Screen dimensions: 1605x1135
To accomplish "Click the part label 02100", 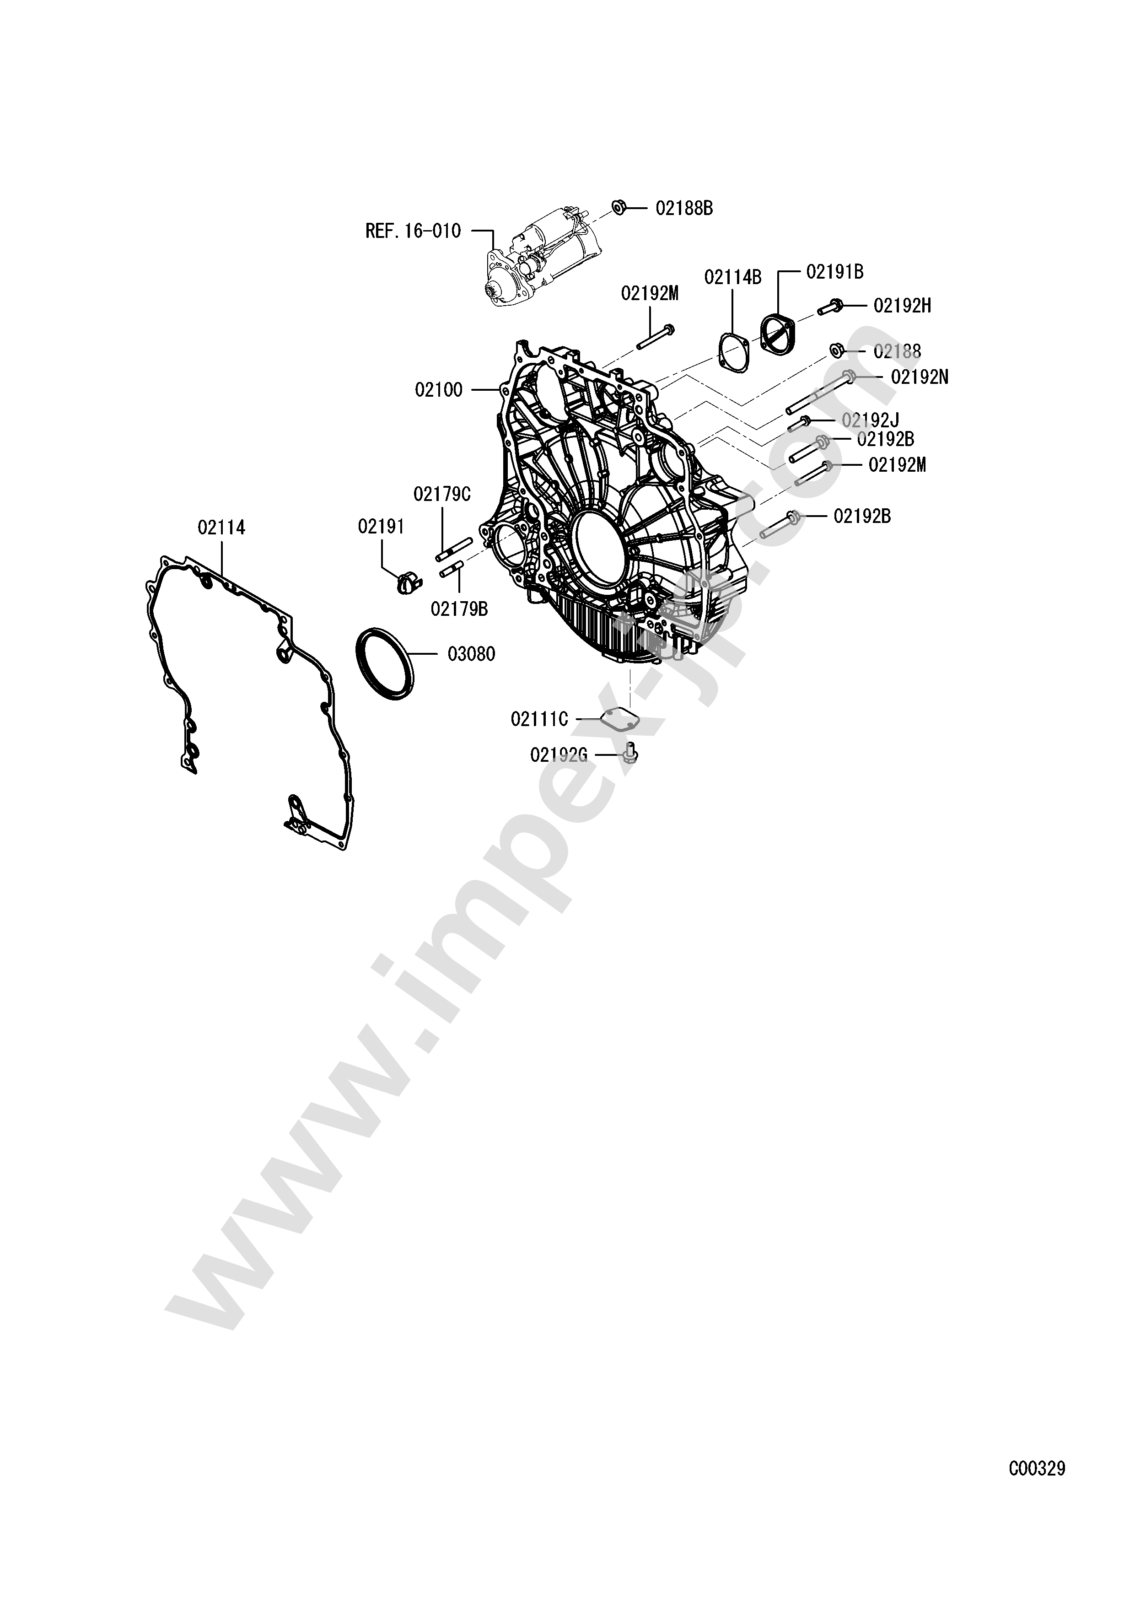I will pos(438,390).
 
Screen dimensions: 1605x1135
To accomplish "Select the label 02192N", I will pos(919,377).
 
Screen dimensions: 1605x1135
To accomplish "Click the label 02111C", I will pos(539,719).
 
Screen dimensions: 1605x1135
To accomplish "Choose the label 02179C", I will pos(442,494).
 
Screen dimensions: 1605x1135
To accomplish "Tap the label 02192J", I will pos(870,420).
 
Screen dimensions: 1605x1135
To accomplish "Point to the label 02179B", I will pos(459,609).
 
